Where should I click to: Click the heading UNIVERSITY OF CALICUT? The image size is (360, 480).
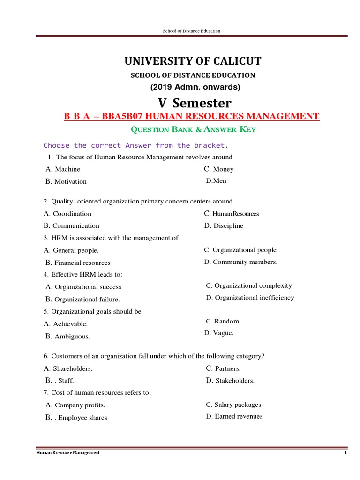[193, 61]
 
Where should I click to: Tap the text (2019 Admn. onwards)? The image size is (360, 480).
[195, 87]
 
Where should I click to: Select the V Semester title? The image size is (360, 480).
[194, 103]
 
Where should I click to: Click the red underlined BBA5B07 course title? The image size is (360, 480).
[191, 116]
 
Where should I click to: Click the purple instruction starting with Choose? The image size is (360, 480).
[136, 145]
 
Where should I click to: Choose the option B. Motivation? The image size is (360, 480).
[66, 181]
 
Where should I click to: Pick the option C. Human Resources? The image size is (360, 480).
[232, 214]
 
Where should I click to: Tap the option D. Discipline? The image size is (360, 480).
[224, 226]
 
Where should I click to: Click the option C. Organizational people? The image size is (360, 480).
[240, 250]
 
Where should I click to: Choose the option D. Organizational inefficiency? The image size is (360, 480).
[250, 298]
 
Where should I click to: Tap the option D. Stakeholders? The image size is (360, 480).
[230, 381]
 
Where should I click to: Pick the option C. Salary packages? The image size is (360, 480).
[234, 405]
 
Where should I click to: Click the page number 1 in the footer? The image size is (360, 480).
[345, 453]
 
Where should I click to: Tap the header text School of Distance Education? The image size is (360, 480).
[191, 31]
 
